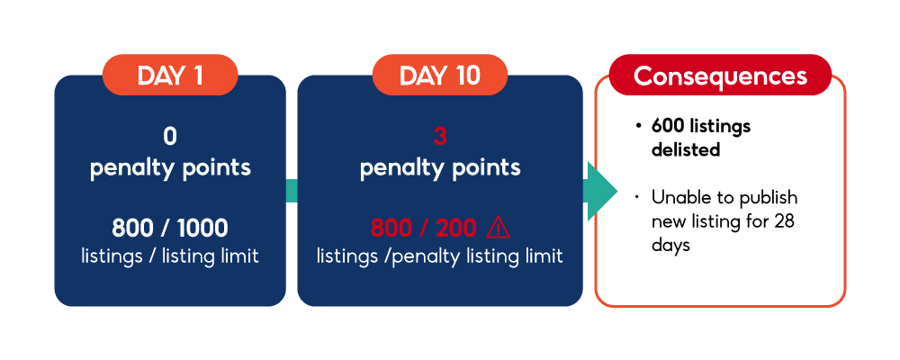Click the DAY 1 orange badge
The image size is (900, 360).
(170, 75)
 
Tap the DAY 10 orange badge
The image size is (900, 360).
(440, 75)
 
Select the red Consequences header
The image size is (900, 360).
(720, 75)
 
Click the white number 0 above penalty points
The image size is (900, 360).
(170, 137)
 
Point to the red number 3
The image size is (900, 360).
(440, 137)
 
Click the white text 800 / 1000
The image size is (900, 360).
(170, 229)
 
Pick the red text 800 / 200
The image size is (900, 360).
(424, 229)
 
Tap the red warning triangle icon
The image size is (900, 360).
(498, 228)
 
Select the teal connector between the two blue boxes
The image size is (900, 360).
(292, 191)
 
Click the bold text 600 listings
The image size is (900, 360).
(701, 126)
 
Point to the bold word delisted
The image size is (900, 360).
(686, 150)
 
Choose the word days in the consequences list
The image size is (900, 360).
(670, 245)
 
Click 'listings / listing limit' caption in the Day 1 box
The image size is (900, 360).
(170, 256)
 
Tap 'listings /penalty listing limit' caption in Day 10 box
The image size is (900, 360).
(440, 256)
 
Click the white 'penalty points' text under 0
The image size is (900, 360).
(170, 167)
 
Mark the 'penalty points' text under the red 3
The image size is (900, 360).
(440, 167)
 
